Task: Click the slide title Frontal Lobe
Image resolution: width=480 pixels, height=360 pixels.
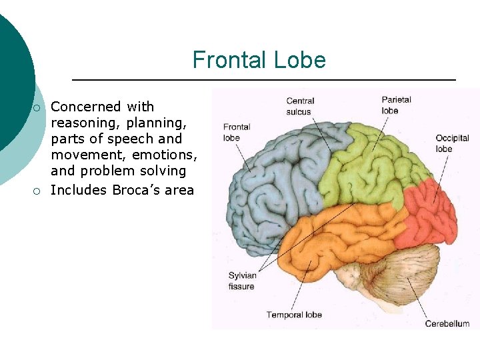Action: click(259, 60)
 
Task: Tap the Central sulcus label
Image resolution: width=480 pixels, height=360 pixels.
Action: click(299, 107)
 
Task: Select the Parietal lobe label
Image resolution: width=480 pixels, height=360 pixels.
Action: click(396, 105)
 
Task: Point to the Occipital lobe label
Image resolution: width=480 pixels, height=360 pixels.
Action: click(453, 143)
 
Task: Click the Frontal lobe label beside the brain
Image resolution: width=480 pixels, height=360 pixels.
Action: click(237, 132)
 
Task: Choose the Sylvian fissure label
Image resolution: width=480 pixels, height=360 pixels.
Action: click(241, 281)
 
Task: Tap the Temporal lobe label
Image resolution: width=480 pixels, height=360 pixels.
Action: click(294, 315)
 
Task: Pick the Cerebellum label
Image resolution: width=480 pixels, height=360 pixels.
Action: click(447, 324)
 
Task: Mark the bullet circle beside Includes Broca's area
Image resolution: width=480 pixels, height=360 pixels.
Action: click(37, 191)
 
